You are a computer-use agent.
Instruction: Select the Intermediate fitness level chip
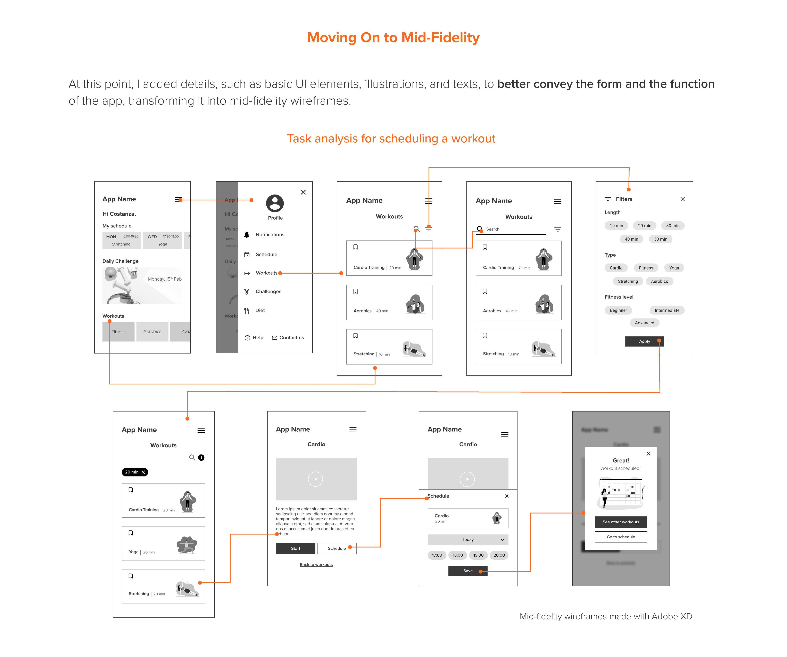(667, 310)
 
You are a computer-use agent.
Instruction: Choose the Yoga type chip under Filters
(674, 268)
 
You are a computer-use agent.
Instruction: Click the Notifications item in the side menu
(270, 235)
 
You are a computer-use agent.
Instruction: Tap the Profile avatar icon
(275, 203)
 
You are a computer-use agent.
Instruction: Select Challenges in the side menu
(268, 292)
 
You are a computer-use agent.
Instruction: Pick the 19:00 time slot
(478, 555)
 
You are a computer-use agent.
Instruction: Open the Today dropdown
(468, 539)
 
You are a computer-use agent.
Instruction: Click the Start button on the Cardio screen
(295, 548)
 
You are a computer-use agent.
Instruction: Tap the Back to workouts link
(316, 564)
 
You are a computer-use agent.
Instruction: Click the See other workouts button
(621, 522)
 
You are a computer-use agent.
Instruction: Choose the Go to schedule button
(621, 537)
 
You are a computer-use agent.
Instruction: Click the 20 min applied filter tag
(134, 472)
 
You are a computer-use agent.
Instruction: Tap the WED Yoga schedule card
(162, 240)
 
